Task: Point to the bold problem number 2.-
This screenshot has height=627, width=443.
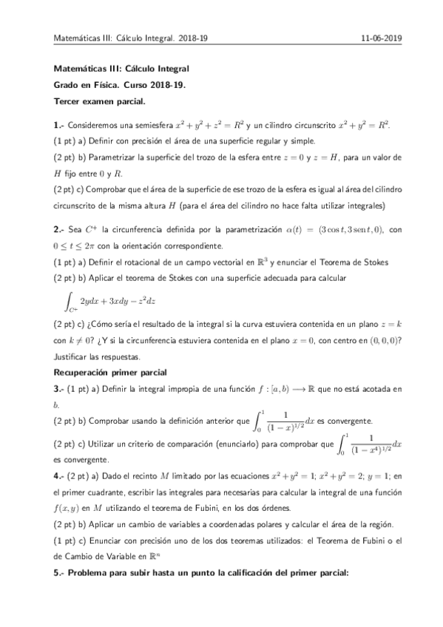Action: pos(59,230)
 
